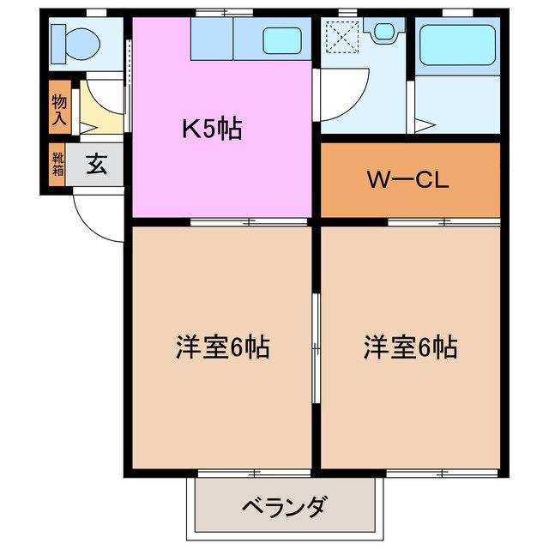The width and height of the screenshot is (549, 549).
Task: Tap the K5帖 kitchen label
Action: (211, 129)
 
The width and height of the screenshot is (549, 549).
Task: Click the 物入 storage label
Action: (59, 110)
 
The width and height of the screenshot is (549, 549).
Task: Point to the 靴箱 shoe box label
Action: (57, 163)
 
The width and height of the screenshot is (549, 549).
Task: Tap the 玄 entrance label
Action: (96, 164)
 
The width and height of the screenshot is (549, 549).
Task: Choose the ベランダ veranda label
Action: (282, 507)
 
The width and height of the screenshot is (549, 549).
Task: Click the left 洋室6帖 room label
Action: (222, 347)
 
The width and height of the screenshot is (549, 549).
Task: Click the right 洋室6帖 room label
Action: (409, 347)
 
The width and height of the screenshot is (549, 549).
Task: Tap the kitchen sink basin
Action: (281, 39)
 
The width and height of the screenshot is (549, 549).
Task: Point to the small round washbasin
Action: (383, 30)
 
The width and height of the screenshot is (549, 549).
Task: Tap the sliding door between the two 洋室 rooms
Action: (316, 347)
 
